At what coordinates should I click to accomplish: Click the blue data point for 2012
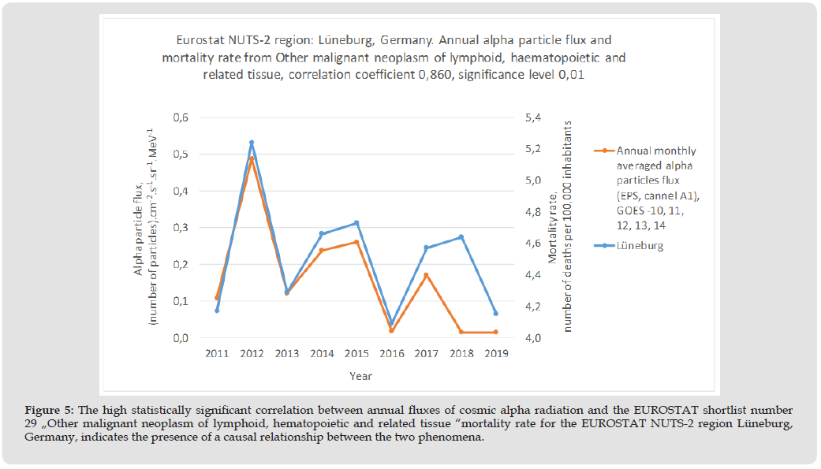pyautogui.click(x=252, y=143)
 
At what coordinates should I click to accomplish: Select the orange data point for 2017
pyautogui.click(x=426, y=275)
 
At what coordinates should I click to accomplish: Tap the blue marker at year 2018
pyautogui.click(x=461, y=237)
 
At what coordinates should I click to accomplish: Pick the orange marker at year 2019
pyautogui.click(x=495, y=332)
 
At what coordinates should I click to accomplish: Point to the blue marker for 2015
pyautogui.click(x=356, y=223)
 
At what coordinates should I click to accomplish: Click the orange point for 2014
pyautogui.click(x=322, y=250)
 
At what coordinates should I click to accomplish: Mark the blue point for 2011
pyautogui.click(x=217, y=311)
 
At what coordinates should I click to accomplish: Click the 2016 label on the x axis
pyautogui.click(x=391, y=354)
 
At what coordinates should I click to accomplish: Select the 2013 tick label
pyautogui.click(x=286, y=354)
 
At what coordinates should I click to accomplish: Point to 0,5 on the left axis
pyautogui.click(x=181, y=154)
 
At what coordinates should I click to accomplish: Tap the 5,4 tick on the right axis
pyautogui.click(x=533, y=117)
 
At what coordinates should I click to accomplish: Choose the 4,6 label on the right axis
pyautogui.click(x=533, y=244)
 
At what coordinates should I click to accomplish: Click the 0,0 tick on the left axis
pyautogui.click(x=181, y=338)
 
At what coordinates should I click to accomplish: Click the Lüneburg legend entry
pyautogui.click(x=640, y=245)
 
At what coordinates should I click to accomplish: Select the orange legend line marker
pyautogui.click(x=603, y=151)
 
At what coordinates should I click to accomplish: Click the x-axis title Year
pyautogui.click(x=360, y=376)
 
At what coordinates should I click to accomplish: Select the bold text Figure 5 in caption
pyautogui.click(x=48, y=410)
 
